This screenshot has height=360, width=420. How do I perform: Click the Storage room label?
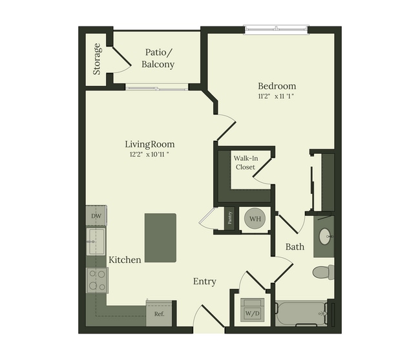pos(97,59)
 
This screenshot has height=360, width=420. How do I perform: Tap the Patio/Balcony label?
pos(158,58)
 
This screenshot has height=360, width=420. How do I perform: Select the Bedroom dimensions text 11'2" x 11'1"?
pos(276,96)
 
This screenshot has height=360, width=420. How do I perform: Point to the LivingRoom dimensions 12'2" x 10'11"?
pos(149,154)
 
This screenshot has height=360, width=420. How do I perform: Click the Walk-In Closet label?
pos(246,163)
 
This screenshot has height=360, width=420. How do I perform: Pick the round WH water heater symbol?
pos(255,218)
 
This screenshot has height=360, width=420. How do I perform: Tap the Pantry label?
pos(229,218)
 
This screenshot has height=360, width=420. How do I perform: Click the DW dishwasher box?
pos(96,216)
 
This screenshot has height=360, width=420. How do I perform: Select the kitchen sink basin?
pos(96,241)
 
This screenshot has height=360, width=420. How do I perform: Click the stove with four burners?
pos(97,280)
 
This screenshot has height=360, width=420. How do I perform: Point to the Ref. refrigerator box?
pos(159,313)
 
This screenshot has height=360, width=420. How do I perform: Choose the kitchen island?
pos(160,238)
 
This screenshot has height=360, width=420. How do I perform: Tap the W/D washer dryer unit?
pos(252,310)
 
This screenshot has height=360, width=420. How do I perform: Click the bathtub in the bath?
pos(301,313)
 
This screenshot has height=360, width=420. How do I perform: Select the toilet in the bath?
pos(323,272)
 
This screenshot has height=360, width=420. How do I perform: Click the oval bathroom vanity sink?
pos(325,237)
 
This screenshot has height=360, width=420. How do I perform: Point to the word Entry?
pos(205,282)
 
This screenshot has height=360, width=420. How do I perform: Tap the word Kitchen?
pos(125,260)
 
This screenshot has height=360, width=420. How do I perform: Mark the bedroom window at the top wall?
pos(276,29)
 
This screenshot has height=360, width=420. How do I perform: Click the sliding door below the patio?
pos(157,87)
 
